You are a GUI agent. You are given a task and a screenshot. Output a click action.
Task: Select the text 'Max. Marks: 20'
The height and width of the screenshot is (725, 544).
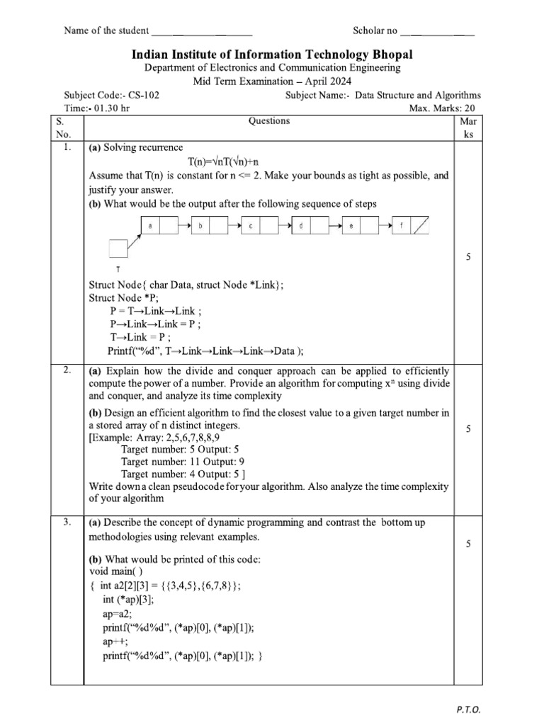tap(446, 108)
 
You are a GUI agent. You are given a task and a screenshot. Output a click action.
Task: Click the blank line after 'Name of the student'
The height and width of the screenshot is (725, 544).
tap(202, 31)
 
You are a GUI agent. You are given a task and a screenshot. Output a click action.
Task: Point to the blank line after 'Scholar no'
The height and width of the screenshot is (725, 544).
tap(437, 31)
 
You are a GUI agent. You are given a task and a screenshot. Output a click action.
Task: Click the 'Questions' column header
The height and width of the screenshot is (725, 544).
tap(269, 121)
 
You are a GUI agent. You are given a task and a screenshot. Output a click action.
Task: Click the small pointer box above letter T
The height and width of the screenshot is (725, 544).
tap(117, 248)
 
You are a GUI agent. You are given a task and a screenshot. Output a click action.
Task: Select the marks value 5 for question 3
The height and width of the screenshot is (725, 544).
tap(468, 544)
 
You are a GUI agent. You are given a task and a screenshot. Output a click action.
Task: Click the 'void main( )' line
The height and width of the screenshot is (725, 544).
tap(115, 571)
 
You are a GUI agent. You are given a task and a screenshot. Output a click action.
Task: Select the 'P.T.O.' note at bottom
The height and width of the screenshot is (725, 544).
tap(468, 709)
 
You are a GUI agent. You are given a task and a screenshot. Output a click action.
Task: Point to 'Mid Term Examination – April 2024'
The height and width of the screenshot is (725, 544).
tap(272, 81)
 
